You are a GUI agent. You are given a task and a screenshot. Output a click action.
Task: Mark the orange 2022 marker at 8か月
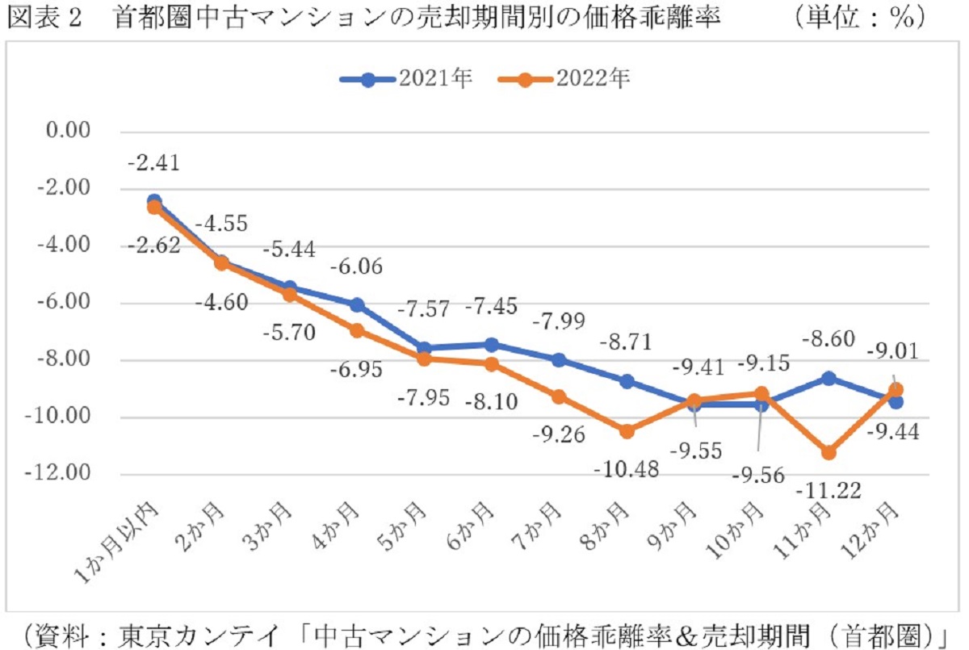pos(626,431)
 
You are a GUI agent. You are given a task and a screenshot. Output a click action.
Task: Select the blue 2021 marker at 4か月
pos(356,304)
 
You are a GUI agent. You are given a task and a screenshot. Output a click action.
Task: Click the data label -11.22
pos(827,489)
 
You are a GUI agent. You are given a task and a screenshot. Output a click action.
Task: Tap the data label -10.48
pos(626,468)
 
